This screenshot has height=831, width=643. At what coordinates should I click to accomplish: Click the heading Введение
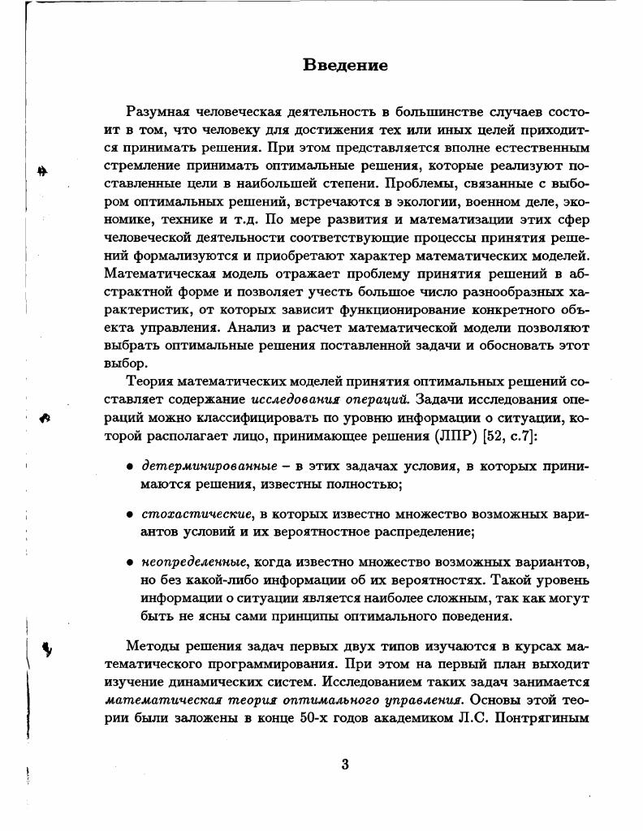(345, 65)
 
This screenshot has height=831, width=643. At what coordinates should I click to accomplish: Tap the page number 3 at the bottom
(344, 764)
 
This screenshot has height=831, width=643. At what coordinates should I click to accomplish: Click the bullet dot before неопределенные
(130, 562)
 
